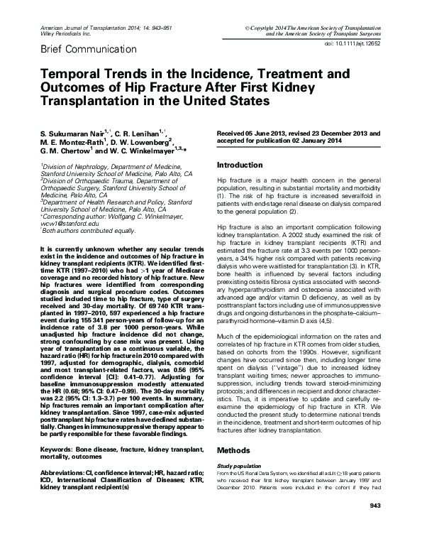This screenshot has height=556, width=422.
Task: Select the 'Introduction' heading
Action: pos(240,165)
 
